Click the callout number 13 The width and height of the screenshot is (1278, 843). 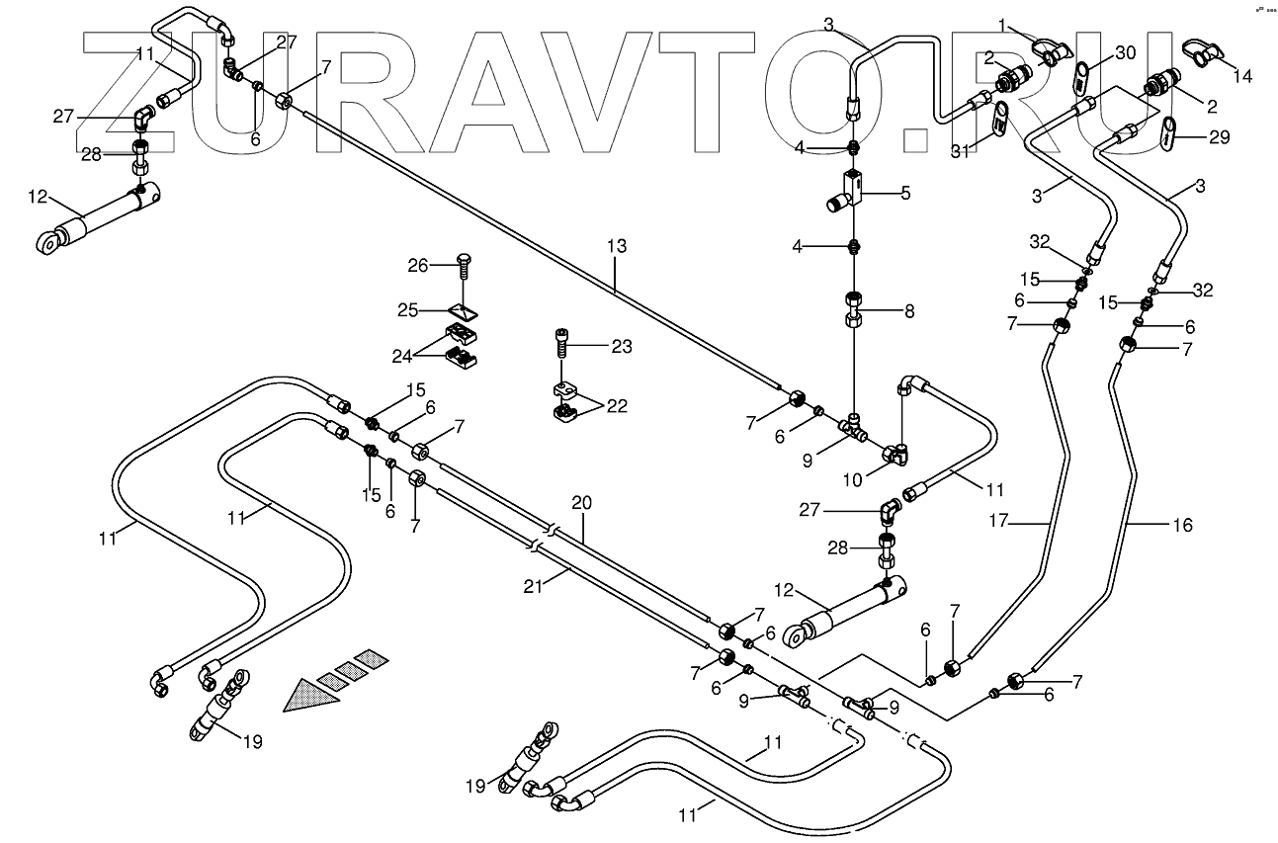tap(616, 246)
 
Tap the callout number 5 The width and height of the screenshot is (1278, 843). tap(904, 194)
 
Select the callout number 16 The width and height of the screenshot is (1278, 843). tap(1182, 525)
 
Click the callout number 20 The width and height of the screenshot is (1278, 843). tap(582, 503)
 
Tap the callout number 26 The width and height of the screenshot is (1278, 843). tap(418, 264)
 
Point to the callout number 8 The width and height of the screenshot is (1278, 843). tap(908, 311)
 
